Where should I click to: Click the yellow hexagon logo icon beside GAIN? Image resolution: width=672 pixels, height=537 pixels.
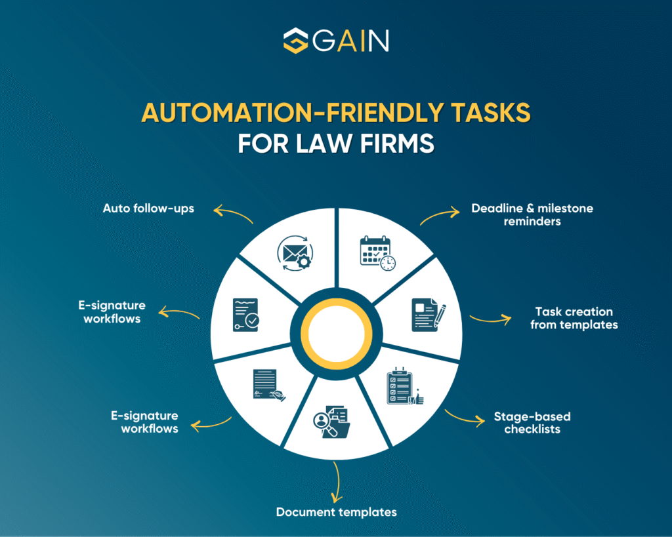[296, 41]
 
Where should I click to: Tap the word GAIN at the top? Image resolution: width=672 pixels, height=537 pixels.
[350, 41]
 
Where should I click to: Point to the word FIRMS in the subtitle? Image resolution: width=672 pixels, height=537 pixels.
[397, 143]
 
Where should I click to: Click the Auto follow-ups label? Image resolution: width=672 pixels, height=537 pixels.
[148, 209]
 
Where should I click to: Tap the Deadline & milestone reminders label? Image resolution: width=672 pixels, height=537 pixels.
[532, 214]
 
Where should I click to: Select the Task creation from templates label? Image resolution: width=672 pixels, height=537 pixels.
[574, 318]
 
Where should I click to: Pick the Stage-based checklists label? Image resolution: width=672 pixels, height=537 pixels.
[532, 423]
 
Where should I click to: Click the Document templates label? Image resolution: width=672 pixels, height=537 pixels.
[337, 512]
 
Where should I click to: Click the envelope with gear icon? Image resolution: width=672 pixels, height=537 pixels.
[295, 253]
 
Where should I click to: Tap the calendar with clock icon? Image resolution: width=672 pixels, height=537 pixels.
[377, 253]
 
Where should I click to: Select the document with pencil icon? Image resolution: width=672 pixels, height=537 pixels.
[429, 315]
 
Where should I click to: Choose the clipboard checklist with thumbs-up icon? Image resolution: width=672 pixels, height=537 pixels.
[405, 386]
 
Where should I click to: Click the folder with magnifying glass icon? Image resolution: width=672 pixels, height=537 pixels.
[331, 422]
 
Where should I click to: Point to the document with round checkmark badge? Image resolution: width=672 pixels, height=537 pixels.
[246, 315]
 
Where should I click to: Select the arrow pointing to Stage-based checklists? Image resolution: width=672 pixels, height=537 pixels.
[465, 418]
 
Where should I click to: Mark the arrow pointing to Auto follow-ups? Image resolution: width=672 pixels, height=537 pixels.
[233, 214]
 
